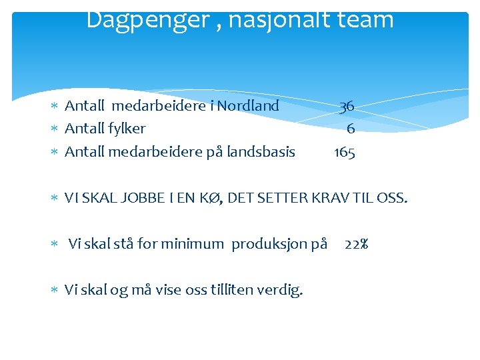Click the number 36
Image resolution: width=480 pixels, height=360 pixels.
point(346,106)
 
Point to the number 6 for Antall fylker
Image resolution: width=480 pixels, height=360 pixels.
point(351,129)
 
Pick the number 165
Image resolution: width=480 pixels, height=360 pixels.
point(345,153)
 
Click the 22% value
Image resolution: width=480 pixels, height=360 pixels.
point(357,244)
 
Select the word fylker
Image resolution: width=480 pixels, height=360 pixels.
point(127,129)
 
